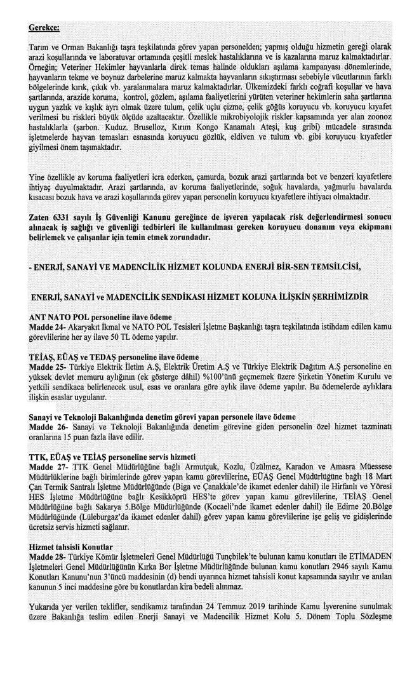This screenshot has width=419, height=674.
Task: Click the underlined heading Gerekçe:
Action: point(43,29)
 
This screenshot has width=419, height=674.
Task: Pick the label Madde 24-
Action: point(47,325)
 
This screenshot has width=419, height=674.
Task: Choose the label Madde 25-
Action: point(47,366)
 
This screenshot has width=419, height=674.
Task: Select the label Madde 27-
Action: point(47,466)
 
